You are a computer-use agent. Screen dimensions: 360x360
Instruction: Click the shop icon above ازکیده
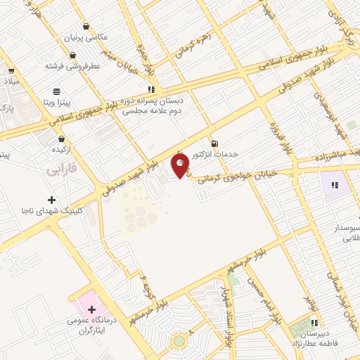(62, 139)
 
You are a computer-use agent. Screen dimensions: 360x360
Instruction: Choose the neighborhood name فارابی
(61, 169)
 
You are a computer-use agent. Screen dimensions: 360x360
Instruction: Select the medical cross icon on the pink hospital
(91, 309)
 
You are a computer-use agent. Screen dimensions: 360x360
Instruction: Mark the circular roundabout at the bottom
(180, 342)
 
